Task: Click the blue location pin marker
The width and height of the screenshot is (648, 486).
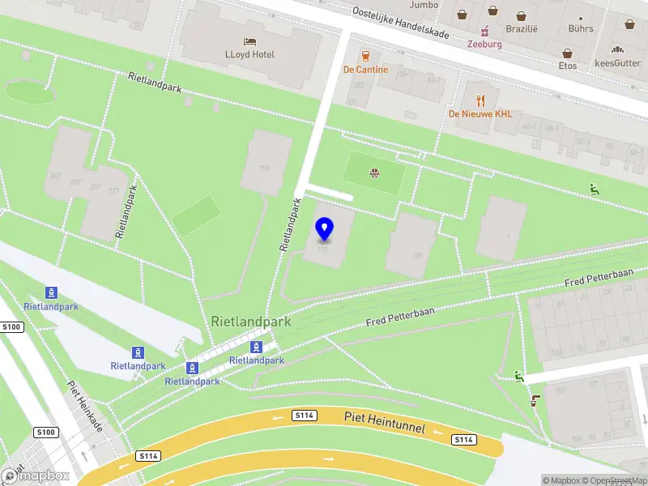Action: (325, 229)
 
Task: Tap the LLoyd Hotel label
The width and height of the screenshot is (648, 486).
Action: (249, 55)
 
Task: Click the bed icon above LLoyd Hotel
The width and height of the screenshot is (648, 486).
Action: (249, 40)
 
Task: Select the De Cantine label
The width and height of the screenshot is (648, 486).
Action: (365, 70)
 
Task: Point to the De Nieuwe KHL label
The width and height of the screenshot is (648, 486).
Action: (480, 114)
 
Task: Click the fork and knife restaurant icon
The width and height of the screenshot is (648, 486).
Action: (480, 100)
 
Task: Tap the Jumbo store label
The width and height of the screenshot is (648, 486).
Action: (424, 5)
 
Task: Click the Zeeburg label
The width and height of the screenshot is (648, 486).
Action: (484, 44)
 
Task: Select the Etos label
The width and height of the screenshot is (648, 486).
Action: (568, 66)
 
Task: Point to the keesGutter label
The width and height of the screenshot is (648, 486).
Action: (617, 63)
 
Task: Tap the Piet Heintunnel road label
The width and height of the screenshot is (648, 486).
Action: (384, 421)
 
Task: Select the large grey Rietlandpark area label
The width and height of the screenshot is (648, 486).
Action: (250, 322)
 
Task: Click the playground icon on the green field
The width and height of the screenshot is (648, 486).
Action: (374, 173)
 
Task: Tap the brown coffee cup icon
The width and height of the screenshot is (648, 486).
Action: (535, 399)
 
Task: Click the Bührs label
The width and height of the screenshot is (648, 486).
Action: (580, 28)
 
